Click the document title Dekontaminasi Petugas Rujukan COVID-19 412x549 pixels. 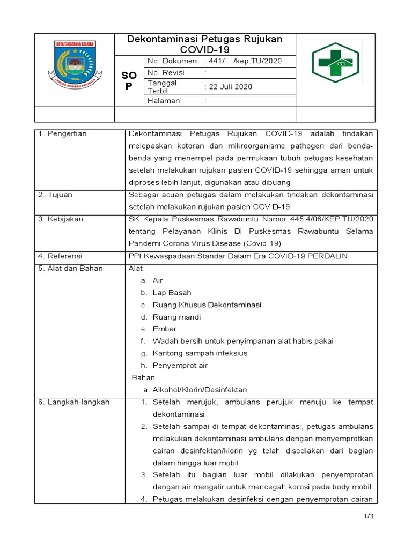point(204,44)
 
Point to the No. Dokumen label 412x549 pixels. point(172,61)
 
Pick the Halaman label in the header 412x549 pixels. point(164,101)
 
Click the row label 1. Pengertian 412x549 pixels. point(63,133)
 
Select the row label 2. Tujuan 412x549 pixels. point(56,194)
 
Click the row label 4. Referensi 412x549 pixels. point(61,256)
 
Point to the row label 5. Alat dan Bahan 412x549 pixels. point(70,268)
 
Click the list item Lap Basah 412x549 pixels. point(172,293)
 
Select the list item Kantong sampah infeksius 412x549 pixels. point(200,353)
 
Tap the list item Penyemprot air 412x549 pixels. point(180,366)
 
